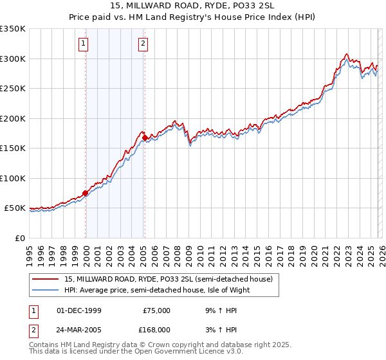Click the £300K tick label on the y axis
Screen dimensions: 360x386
(x=13, y=59)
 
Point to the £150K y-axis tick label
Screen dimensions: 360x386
(x=13, y=148)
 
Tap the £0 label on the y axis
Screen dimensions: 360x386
(x=19, y=239)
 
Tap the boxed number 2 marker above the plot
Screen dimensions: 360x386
(x=142, y=44)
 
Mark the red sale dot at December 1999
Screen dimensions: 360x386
(x=85, y=193)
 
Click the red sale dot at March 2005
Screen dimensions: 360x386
(x=145, y=137)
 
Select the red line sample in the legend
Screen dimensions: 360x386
(x=46, y=279)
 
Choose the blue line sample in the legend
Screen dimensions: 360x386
(x=46, y=290)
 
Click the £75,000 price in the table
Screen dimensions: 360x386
(x=156, y=310)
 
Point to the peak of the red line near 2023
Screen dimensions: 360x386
(x=346, y=54)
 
